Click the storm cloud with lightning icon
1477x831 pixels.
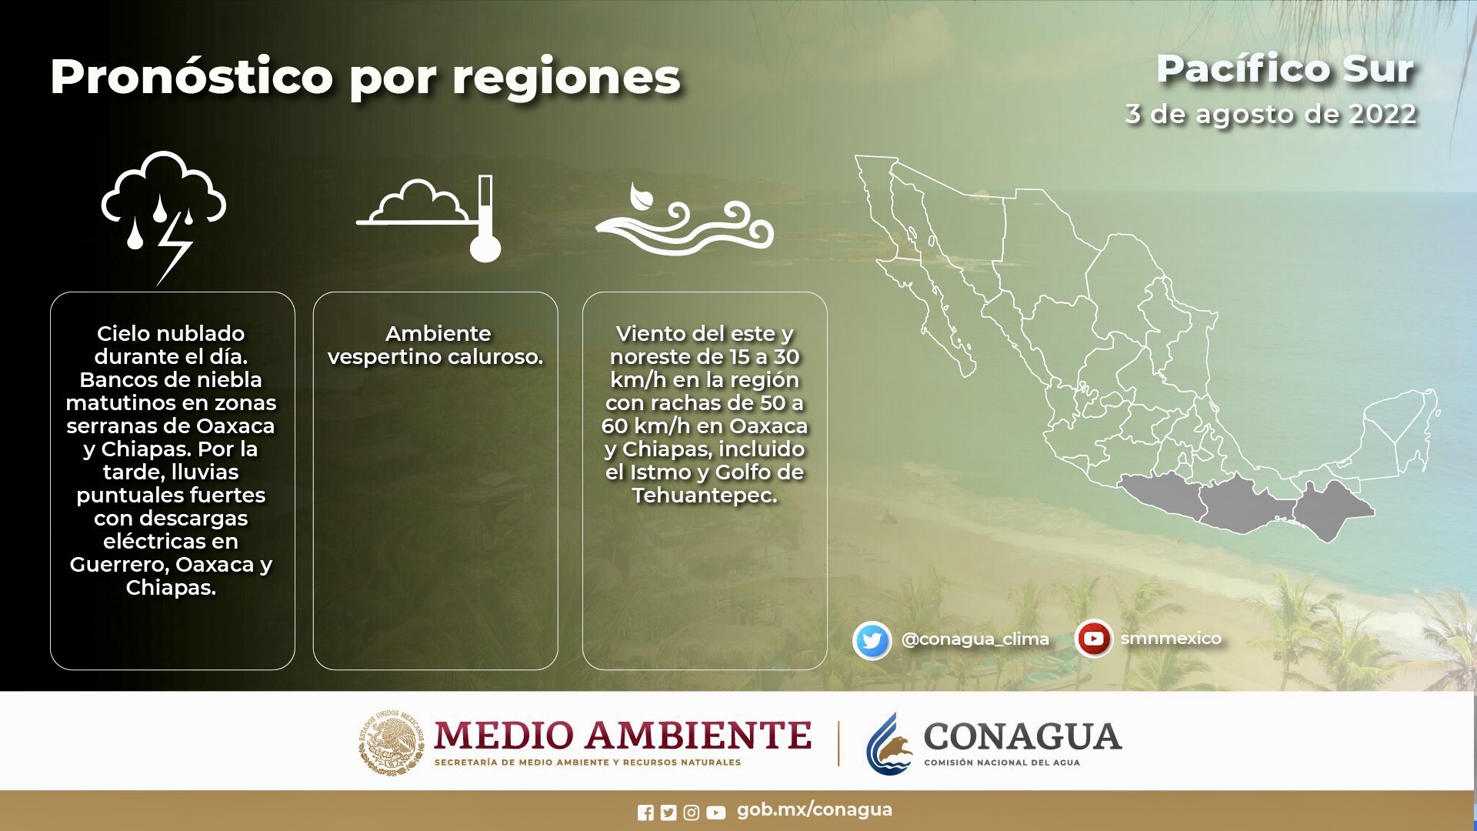coord(164,215)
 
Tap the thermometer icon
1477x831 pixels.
coord(485,219)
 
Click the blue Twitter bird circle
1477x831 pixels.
coord(872,640)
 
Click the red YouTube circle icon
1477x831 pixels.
coord(1093,639)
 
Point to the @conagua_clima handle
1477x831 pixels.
coord(975,639)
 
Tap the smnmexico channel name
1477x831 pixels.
coord(1171,639)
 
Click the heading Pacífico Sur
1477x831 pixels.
coord(1285,68)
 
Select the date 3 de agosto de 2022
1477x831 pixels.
coord(1271,114)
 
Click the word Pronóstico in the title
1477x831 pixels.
coord(192,78)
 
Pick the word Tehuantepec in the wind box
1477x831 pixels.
coord(705,496)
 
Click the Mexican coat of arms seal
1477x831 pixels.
coord(392,742)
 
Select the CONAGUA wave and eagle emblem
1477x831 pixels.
coord(889,744)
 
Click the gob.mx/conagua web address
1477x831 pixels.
coord(815,809)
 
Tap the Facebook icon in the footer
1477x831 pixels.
coord(645,813)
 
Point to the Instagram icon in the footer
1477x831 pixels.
coord(692,813)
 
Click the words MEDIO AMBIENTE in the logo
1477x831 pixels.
coord(622,736)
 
